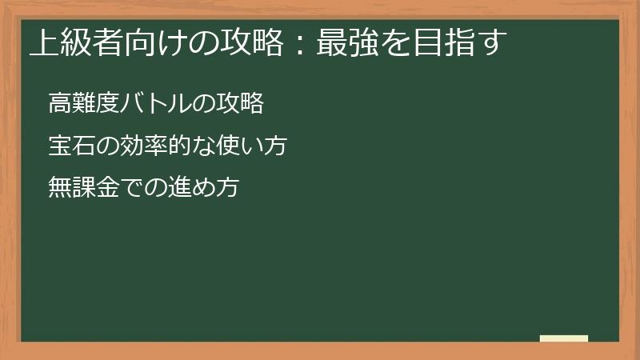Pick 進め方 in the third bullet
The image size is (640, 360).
[x=202, y=188]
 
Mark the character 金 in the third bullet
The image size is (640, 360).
[x=106, y=188]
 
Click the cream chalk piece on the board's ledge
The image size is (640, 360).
[x=563, y=338]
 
